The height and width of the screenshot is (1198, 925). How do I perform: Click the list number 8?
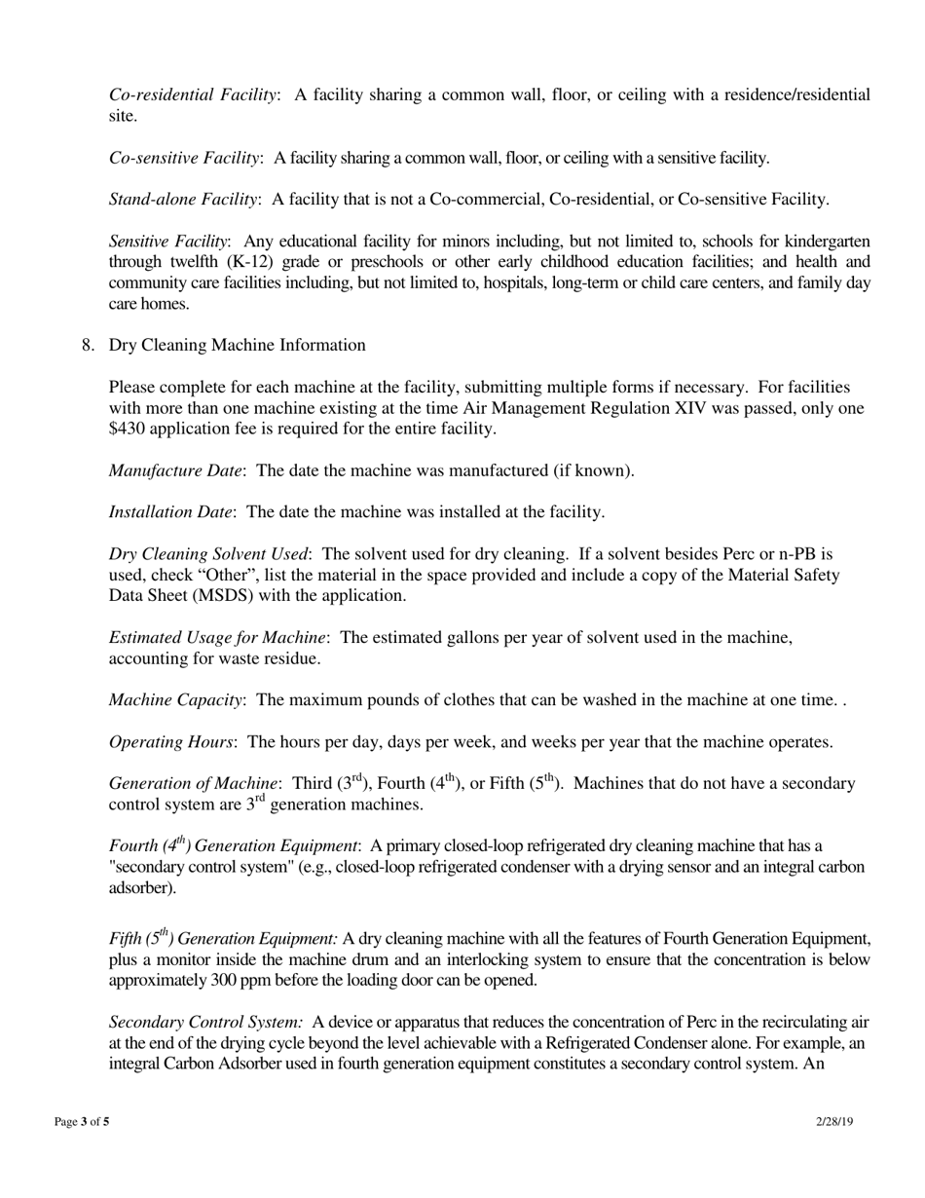point(89,345)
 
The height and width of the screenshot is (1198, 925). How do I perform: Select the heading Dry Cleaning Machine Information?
point(238,345)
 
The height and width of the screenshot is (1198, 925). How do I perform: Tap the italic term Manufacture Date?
point(175,470)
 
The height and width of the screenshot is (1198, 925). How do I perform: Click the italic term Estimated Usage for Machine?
point(217,637)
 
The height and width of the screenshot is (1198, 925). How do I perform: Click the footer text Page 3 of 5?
point(82,1122)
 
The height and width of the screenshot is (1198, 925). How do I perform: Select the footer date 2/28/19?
point(834,1122)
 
